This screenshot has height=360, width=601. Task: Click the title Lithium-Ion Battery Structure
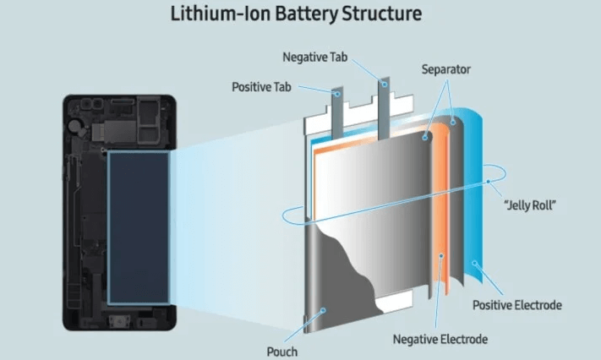(x=300, y=14)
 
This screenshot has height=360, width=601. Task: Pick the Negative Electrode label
(x=441, y=339)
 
